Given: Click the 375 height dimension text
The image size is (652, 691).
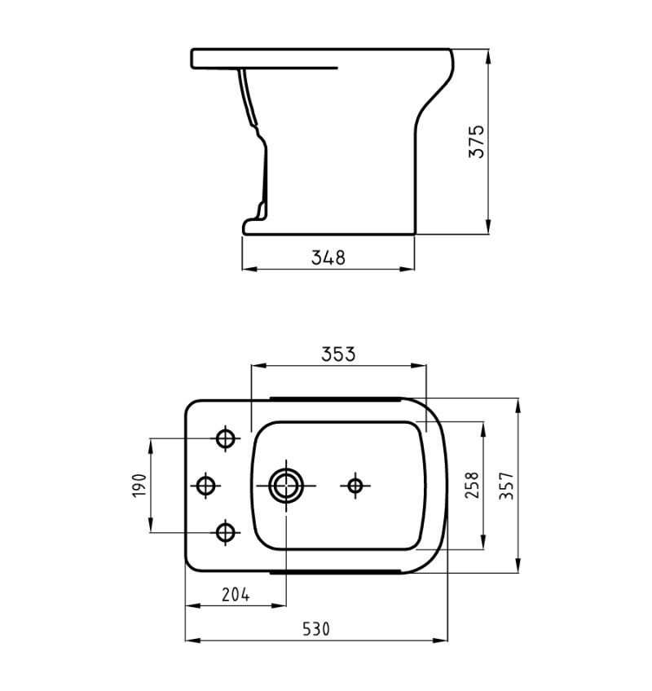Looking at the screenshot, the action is [477, 142].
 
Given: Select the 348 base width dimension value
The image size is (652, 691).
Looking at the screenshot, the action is [328, 257].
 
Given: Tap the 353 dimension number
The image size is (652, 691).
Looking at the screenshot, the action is [338, 354].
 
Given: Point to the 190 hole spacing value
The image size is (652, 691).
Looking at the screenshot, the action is [139, 485].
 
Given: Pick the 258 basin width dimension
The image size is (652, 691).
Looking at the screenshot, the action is [472, 485].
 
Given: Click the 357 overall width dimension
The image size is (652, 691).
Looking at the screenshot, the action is [507, 486].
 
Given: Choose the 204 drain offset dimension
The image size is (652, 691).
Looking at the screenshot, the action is [236, 595].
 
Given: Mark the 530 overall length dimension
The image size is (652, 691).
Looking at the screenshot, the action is [316, 629].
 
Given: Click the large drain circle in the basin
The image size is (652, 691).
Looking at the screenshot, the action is [287, 486].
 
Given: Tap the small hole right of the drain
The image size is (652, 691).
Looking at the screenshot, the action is [355, 486].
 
